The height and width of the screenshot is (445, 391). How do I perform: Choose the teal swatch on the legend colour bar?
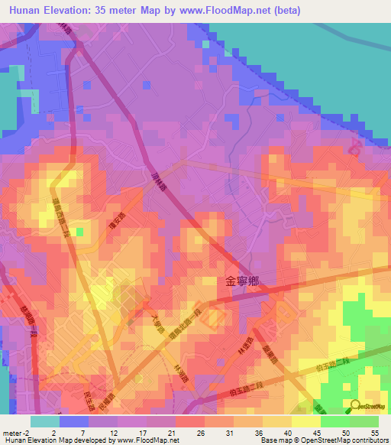[44, 421]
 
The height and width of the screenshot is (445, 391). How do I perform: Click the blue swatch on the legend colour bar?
[73, 421]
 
